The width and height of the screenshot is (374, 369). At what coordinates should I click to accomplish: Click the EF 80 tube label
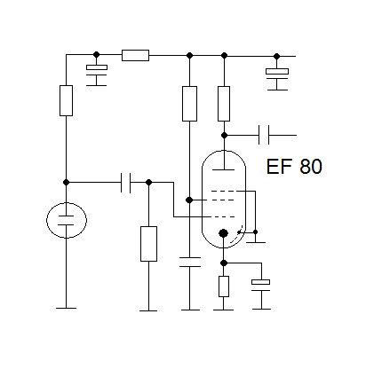click(294, 167)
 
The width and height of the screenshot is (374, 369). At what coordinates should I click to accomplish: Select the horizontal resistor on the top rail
click(135, 55)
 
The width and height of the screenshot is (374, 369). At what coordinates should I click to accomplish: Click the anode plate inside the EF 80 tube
click(224, 169)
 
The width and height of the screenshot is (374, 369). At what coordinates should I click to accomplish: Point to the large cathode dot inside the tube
click(223, 233)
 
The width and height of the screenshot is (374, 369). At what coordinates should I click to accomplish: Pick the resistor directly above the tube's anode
click(224, 104)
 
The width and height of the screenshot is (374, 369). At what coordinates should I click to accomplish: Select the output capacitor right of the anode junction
click(264, 135)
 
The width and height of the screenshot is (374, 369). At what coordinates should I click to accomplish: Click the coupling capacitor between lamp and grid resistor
click(126, 183)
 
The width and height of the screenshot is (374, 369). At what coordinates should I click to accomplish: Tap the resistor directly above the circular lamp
click(66, 100)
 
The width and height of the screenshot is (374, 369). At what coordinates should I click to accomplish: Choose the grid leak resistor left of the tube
click(148, 244)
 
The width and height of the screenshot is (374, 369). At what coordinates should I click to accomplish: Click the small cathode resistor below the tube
click(224, 287)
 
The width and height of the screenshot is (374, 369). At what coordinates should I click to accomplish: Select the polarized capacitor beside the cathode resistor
click(261, 285)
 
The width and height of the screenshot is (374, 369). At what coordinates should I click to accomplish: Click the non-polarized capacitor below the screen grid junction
click(190, 263)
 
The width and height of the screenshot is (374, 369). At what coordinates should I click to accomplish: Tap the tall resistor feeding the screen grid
click(189, 104)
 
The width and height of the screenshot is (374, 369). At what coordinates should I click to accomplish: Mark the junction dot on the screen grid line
click(189, 200)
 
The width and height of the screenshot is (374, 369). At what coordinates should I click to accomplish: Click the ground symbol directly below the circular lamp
click(66, 308)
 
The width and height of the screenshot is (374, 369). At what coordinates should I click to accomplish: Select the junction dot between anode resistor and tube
click(224, 135)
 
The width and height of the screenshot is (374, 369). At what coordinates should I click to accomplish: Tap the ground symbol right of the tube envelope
click(256, 242)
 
